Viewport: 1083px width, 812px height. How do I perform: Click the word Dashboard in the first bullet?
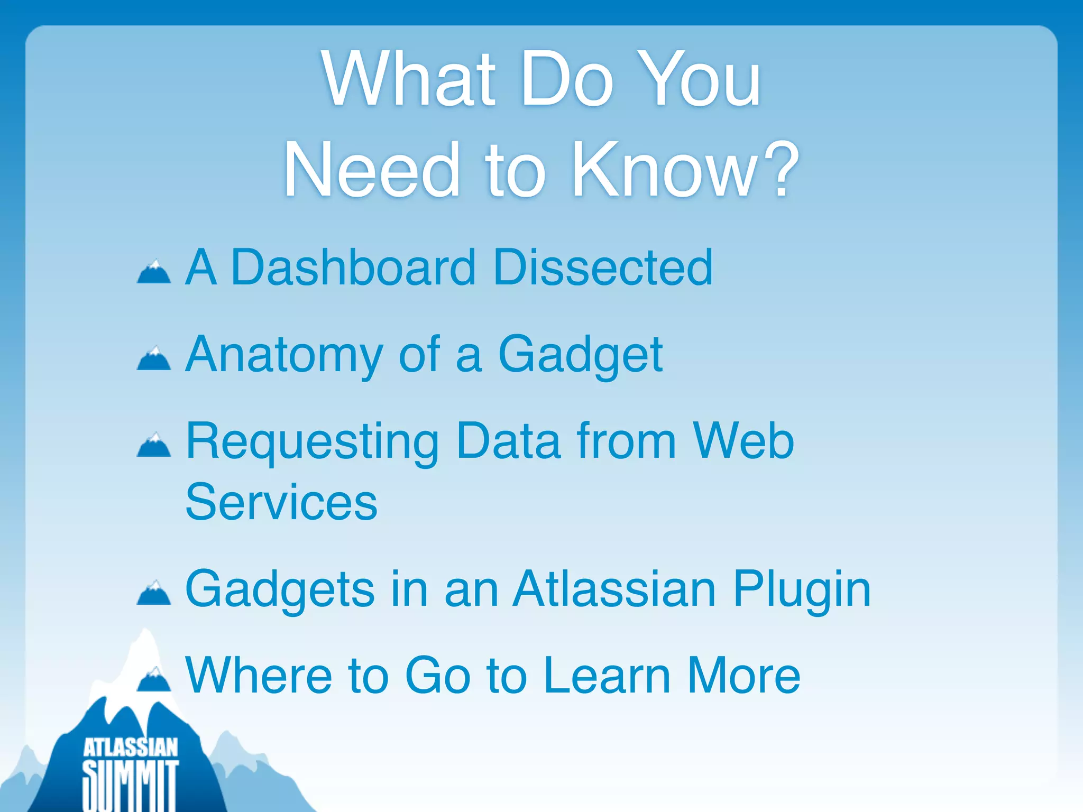click(353, 267)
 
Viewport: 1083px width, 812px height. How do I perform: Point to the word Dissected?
click(602, 267)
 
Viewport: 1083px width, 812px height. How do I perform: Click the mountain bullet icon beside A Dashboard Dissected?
click(154, 272)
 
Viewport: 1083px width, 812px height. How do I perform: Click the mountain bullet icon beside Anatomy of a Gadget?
click(154, 358)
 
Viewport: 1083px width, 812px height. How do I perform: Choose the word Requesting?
click(312, 442)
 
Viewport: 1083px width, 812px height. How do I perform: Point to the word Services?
click(281, 502)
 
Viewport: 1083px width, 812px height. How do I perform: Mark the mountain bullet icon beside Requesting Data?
click(154, 445)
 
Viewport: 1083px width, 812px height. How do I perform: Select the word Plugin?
click(802, 590)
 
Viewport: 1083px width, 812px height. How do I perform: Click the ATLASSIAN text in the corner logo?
click(131, 748)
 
